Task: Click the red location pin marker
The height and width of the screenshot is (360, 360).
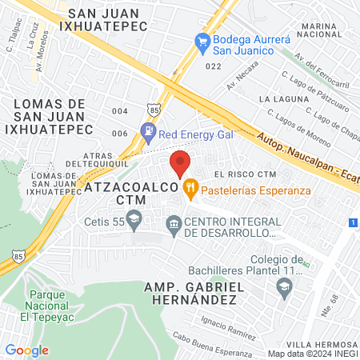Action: pyautogui.click(x=181, y=163)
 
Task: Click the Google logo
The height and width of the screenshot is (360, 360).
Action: pyautogui.click(x=26, y=350)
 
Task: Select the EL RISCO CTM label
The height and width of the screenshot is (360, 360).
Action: pyautogui.click(x=245, y=175)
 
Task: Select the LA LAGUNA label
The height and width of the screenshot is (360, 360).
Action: pyautogui.click(x=278, y=98)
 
